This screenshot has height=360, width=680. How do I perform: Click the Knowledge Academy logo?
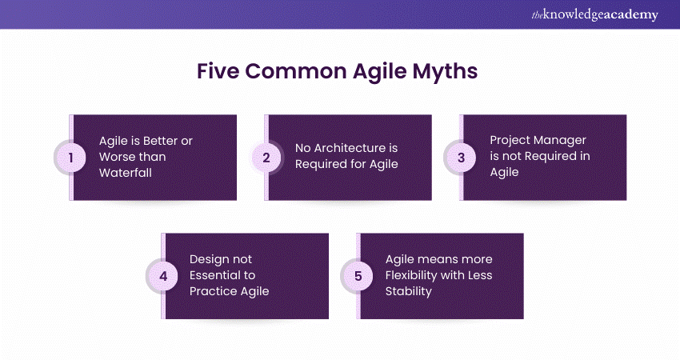tap(594, 14)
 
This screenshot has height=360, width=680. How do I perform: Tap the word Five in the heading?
tap(218, 70)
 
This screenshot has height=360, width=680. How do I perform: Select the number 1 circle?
tap(70, 158)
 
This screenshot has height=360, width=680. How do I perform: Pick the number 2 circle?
tap(266, 158)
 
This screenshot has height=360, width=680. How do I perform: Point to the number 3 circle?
tap(461, 158)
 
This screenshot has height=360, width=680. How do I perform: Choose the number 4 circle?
tap(163, 276)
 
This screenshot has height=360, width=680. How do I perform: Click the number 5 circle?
tap(358, 276)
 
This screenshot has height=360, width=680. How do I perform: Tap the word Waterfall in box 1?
tap(126, 173)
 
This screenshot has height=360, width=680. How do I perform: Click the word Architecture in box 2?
tap(350, 148)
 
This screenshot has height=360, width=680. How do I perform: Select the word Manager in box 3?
tap(562, 141)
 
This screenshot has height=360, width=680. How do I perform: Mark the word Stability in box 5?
tap(409, 291)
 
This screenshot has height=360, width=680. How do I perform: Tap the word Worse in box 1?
tap(114, 157)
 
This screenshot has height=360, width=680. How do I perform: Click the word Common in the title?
tap(296, 70)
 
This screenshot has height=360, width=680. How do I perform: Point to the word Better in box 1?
tap(161, 141)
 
